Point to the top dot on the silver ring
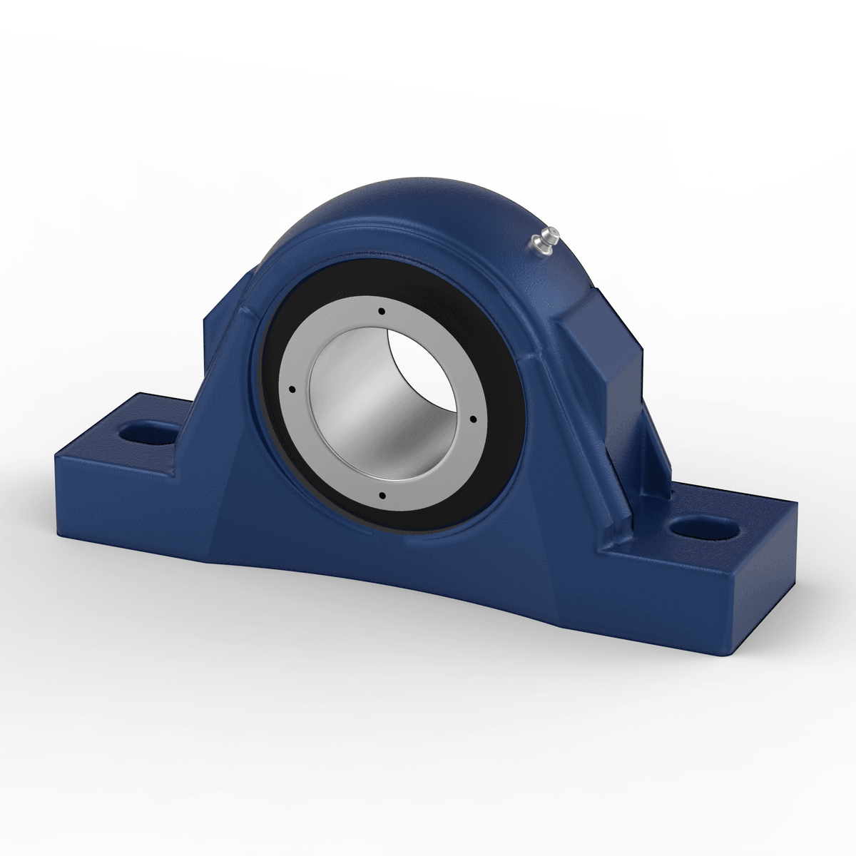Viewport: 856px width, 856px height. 382,311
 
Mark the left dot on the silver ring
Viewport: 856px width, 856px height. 292,389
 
